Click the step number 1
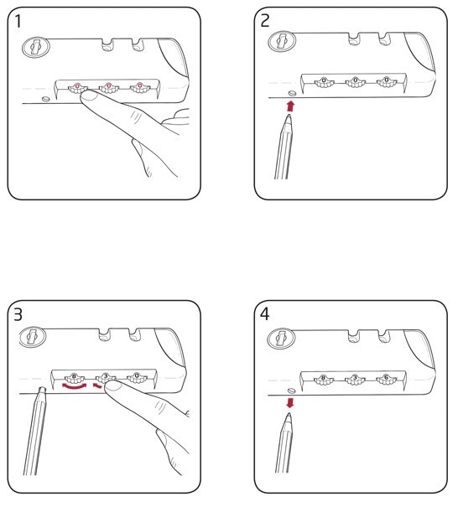(x=18, y=21)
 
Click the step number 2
(x=265, y=21)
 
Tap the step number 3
(x=18, y=315)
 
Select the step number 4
(x=265, y=314)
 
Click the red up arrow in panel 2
(x=290, y=106)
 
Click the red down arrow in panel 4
(x=290, y=403)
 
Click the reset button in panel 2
(x=292, y=93)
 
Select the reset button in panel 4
(x=291, y=391)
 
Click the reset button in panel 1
(x=46, y=99)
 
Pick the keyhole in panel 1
(x=35, y=47)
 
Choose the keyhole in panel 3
(x=33, y=337)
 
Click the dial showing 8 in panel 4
(x=324, y=380)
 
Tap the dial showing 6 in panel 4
(x=386, y=380)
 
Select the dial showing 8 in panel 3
(x=75, y=378)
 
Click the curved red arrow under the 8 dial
(x=75, y=386)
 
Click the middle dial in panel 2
(x=356, y=82)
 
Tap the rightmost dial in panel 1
(x=140, y=88)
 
